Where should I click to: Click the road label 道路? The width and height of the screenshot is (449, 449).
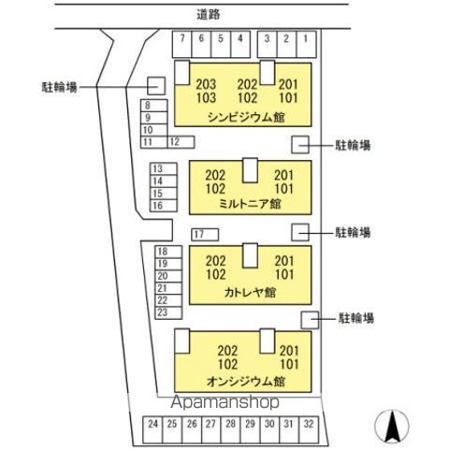209,14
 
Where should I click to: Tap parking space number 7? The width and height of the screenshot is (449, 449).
182,44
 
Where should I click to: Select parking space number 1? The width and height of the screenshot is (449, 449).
306,44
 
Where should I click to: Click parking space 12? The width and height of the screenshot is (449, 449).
181,142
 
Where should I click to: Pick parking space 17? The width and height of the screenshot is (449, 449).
205,235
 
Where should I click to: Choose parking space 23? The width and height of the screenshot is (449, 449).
168,312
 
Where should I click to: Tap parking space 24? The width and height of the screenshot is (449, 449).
152,429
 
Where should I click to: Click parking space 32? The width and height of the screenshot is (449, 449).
309,429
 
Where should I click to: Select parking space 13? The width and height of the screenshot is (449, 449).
164,168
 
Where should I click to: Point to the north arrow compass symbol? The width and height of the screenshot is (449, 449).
392,427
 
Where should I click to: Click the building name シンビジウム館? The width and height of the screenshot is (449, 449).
246,118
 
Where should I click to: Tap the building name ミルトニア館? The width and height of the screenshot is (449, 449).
250,204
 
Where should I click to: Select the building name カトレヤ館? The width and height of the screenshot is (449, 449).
250,293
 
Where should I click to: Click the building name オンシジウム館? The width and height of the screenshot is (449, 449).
246,382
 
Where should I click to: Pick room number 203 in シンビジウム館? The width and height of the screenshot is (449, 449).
206,84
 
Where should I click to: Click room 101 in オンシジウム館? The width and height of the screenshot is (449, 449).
289,364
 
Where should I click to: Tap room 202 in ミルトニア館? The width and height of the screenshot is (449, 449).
215,175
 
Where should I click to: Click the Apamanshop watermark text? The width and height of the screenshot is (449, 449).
224,402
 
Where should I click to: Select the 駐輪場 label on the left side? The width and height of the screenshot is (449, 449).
60,87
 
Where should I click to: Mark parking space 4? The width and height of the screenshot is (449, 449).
240,44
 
